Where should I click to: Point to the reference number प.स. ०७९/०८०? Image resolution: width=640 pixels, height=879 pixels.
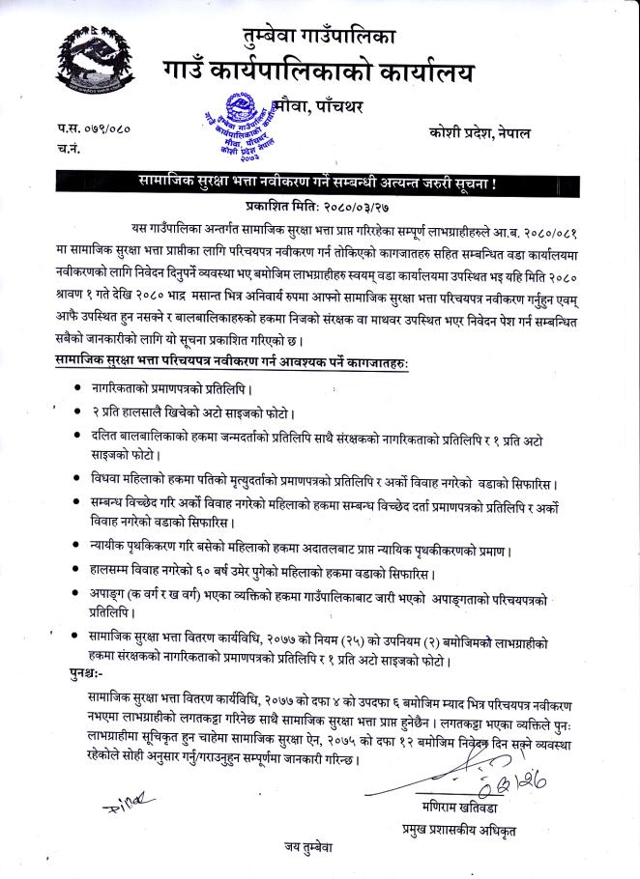coord(93,128)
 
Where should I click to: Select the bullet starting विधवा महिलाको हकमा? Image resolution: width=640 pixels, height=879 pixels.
coord(77,479)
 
